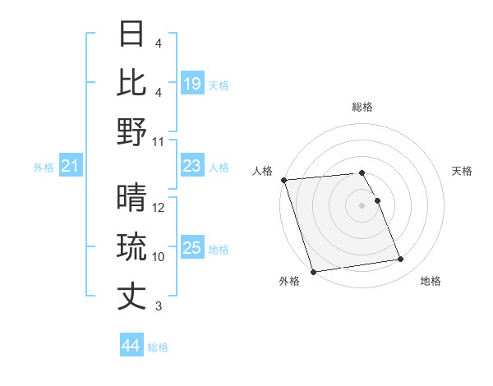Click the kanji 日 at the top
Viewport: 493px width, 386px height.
[132, 34]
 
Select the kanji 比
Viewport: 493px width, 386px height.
[132, 83]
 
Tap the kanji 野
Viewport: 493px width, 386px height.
[132, 131]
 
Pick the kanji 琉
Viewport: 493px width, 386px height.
[132, 247]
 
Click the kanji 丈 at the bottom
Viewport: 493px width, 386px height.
[132, 296]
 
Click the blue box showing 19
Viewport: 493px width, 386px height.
[192, 83]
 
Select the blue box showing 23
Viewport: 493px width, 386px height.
[192, 167]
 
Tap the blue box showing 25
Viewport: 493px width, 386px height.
[192, 248]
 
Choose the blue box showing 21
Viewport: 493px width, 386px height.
[70, 167]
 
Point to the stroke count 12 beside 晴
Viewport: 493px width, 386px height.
[159, 208]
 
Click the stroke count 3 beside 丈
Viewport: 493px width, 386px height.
[159, 306]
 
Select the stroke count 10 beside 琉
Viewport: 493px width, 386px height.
[159, 257]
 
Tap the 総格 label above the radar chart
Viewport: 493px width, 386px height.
[362, 107]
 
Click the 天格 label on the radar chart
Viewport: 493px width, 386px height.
[463, 171]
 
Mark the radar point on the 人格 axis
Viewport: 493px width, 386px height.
[283, 180]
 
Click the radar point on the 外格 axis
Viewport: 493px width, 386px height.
[313, 271]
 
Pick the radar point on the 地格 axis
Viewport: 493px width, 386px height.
[401, 260]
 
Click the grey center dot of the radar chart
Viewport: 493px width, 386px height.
[362, 204]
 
